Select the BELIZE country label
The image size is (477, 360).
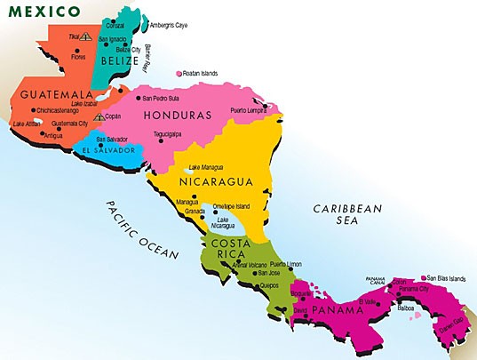click(x=119, y=61)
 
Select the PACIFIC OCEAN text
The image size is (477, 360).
click(x=142, y=229)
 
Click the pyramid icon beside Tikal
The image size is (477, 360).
click(x=85, y=38)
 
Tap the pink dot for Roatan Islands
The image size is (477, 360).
click(x=179, y=74)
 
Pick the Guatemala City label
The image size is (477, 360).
click(x=70, y=124)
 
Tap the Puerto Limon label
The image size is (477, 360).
click(x=288, y=264)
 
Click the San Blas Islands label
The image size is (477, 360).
click(x=446, y=278)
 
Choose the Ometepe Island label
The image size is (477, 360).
click(x=233, y=206)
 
